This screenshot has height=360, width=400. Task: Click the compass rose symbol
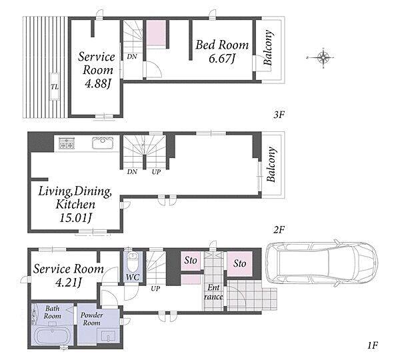tap(323, 57)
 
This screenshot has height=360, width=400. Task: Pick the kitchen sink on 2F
tap(103, 143)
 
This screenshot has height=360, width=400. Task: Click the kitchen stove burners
tap(67, 143)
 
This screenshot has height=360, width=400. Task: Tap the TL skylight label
tap(55, 87)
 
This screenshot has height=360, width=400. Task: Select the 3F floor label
tap(279, 115)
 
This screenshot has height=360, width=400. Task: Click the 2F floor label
tap(279, 230)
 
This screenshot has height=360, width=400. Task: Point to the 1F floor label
tap(373, 345)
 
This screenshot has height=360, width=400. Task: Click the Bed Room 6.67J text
tap(222, 51)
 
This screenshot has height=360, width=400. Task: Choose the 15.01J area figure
tap(76, 218)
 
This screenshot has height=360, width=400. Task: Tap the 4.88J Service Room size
tap(98, 83)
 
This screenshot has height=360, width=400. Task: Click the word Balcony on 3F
tap(268, 48)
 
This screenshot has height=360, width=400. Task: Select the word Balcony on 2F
tap(271, 164)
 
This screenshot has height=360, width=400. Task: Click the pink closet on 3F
tap(156, 33)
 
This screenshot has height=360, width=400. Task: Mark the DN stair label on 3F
tap(132, 57)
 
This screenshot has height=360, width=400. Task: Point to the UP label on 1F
tap(155, 289)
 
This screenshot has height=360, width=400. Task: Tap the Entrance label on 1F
tap(213, 292)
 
